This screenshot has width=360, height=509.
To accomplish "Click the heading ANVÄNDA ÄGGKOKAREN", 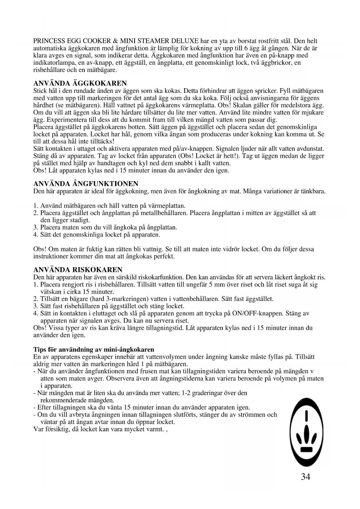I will [80, 84].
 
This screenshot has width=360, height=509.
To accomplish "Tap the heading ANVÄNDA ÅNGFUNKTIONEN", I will [86, 184].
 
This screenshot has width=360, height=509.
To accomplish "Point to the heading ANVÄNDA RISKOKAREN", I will [78, 270].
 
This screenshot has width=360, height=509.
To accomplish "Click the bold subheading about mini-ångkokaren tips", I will [94, 349].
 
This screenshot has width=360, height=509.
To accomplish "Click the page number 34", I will [305, 477].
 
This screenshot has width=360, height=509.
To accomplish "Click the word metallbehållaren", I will [164, 213].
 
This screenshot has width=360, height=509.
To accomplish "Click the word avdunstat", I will [308, 149].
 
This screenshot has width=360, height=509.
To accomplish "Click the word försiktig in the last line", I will [56, 429].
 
